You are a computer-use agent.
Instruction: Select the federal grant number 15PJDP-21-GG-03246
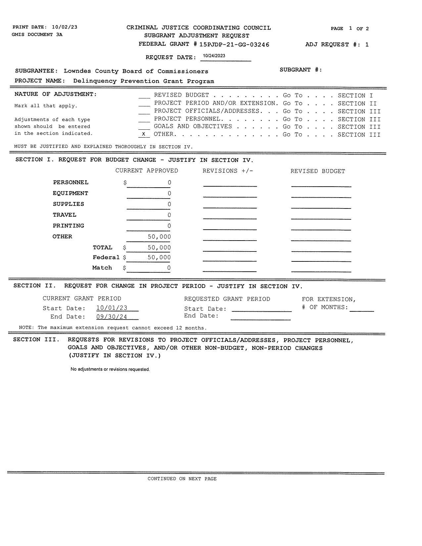[x=234, y=45]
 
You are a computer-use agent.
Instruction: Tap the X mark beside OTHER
[x=143, y=134]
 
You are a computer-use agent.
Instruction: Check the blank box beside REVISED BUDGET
[x=144, y=95]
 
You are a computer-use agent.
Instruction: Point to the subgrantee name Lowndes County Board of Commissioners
[x=136, y=71]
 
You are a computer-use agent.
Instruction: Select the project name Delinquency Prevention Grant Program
[x=143, y=81]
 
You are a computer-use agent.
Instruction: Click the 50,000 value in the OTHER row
[x=159, y=237]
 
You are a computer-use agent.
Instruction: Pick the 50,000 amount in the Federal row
[x=159, y=257]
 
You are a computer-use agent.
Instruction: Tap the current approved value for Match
[x=168, y=268]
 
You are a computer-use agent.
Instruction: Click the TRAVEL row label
[x=65, y=215]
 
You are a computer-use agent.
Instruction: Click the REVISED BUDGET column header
[x=317, y=171]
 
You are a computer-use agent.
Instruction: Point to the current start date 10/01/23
[x=112, y=308]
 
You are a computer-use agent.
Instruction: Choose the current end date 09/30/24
[x=112, y=317]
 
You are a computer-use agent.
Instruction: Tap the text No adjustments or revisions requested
[x=110, y=370]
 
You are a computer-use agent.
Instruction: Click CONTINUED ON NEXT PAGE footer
[x=182, y=479]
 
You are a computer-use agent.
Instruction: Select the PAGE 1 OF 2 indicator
[x=350, y=29]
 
